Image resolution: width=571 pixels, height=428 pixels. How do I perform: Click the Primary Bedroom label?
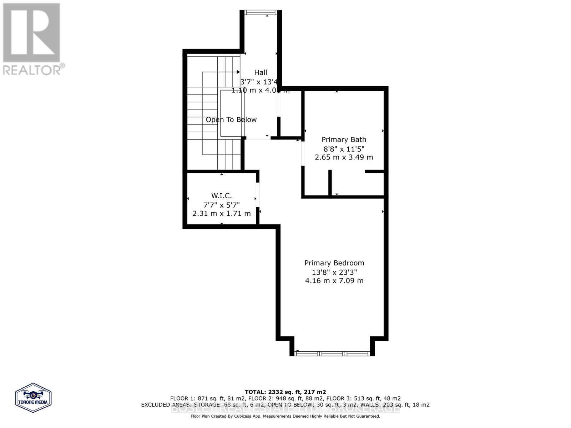(334, 263)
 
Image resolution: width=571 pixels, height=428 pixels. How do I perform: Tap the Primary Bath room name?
(344, 140)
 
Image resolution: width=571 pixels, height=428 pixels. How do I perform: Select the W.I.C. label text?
(221, 196)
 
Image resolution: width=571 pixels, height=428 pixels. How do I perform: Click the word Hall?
(261, 72)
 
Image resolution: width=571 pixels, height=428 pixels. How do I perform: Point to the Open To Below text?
(231, 120)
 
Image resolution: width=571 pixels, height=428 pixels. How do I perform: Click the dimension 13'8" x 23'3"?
(334, 272)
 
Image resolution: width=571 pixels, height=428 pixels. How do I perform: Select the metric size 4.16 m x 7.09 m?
(334, 281)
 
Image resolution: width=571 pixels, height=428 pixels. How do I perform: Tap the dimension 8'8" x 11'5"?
(344, 149)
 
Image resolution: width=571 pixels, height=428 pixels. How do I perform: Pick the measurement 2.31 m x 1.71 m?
(221, 214)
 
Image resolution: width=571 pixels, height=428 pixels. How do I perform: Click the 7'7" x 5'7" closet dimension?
(221, 205)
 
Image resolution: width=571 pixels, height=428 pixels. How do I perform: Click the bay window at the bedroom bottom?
(332, 353)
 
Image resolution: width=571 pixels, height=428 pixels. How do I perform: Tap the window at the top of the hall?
(261, 12)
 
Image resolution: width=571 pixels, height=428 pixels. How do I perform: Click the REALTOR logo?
(32, 39)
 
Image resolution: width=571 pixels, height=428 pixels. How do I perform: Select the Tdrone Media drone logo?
(33, 398)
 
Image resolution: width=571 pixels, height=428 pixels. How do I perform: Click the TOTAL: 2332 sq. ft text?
(285, 392)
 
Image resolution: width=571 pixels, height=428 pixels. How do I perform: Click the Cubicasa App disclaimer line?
(285, 416)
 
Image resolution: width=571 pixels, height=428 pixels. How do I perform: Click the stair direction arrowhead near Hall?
(238, 72)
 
